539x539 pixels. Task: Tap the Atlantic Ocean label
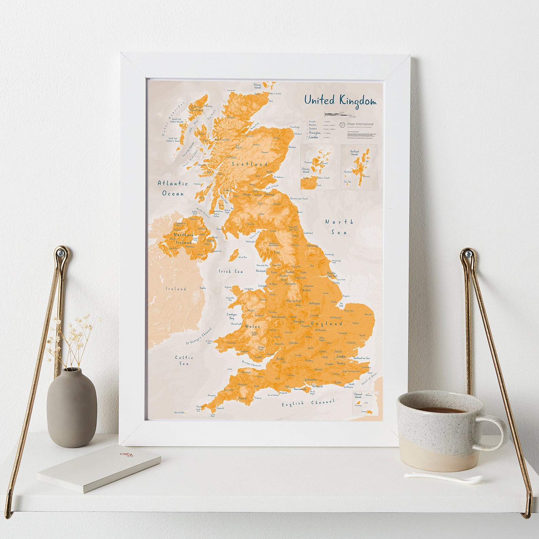[x=173, y=188]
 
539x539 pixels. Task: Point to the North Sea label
[x=339, y=227]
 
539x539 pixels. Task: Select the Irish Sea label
[x=230, y=271]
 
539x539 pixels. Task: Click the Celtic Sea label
[x=184, y=360]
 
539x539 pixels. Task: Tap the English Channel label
[x=308, y=403]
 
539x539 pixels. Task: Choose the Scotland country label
[x=249, y=164]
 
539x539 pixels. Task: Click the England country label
[x=327, y=323]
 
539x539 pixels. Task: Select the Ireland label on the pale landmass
[x=176, y=289]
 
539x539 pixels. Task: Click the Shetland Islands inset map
[x=359, y=167]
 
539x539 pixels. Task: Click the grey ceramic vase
[x=72, y=407]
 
